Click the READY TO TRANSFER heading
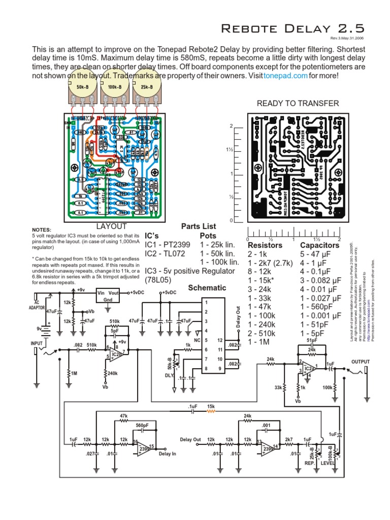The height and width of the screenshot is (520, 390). (x=298, y=104)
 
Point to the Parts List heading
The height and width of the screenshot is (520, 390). (x=199, y=226)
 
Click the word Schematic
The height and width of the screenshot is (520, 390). (x=207, y=287)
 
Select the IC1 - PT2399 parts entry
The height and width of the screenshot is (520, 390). (x=168, y=244)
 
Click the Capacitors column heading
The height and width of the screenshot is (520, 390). (x=320, y=245)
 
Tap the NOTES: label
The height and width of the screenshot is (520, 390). (x=42, y=230)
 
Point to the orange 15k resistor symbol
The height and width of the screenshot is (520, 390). (x=211, y=413)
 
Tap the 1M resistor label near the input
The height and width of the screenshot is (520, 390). (x=74, y=374)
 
